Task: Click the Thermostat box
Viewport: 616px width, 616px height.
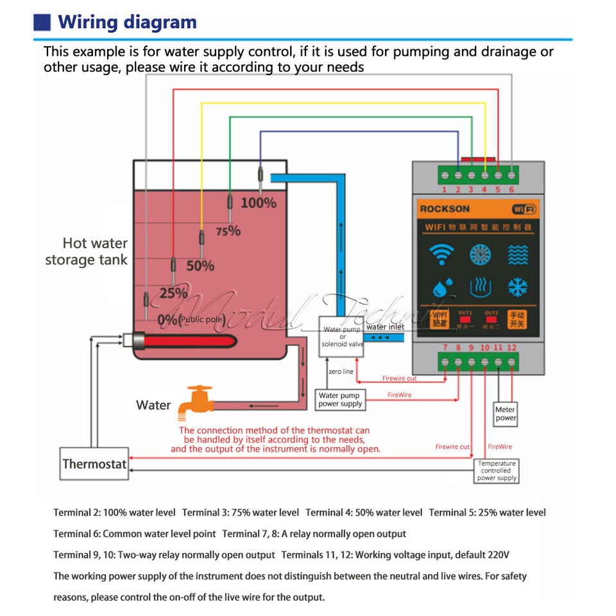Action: pyautogui.click(x=94, y=463)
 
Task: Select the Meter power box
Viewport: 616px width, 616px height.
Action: pyautogui.click(x=506, y=414)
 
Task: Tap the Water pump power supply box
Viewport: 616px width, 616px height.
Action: pyautogui.click(x=339, y=400)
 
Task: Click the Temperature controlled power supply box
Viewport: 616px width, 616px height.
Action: pyautogui.click(x=497, y=470)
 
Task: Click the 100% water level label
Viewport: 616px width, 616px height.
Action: pyautogui.click(x=259, y=203)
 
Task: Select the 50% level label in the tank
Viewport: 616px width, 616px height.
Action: pyautogui.click(x=200, y=265)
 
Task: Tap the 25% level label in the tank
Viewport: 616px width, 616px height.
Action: pyautogui.click(x=173, y=293)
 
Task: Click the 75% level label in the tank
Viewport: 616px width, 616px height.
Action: pyautogui.click(x=228, y=231)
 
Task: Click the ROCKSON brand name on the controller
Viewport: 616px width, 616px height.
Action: pyautogui.click(x=445, y=209)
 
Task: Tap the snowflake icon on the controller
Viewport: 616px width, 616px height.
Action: pyautogui.click(x=518, y=286)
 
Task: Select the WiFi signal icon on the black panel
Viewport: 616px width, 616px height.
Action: pyautogui.click(x=441, y=255)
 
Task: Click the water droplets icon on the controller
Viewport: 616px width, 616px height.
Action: pyautogui.click(x=440, y=286)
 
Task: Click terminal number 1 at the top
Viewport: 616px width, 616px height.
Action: pyautogui.click(x=444, y=189)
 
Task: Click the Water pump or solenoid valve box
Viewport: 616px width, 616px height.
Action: pyautogui.click(x=342, y=336)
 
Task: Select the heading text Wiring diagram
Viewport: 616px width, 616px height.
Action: pyautogui.click(x=128, y=22)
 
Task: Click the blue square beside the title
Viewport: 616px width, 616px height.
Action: pyautogui.click(x=42, y=22)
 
